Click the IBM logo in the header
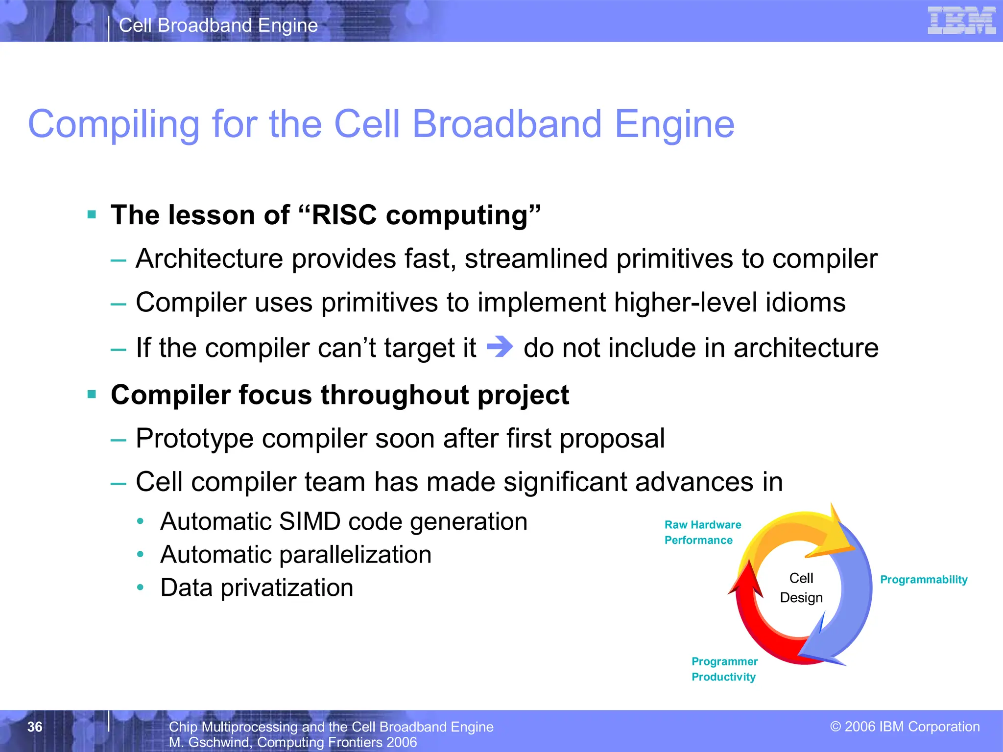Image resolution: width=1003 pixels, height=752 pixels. [961, 21]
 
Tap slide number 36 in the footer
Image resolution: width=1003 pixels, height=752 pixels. [35, 727]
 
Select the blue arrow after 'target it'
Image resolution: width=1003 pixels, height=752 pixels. [500, 347]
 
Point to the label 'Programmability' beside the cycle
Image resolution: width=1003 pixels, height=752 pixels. [924, 580]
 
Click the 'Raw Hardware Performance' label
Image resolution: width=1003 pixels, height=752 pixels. [702, 532]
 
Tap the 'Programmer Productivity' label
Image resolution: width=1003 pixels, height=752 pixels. [724, 669]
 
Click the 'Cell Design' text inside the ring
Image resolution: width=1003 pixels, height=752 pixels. [801, 588]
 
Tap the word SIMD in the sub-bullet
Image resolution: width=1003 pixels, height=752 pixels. [309, 521]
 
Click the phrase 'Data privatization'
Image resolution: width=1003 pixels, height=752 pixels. [257, 587]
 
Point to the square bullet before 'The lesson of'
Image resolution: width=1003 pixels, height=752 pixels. [92, 214]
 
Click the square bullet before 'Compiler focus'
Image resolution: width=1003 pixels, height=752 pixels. [92, 394]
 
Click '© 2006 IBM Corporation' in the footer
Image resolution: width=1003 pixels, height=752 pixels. [905, 727]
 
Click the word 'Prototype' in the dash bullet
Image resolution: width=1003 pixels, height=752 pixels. [194, 438]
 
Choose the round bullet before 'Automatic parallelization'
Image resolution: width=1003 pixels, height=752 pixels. [141, 555]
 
